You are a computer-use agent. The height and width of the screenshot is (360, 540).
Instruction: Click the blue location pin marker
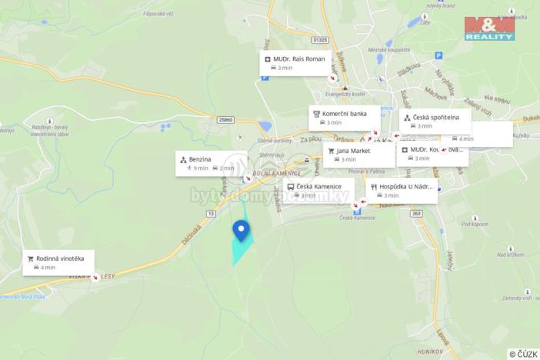242,229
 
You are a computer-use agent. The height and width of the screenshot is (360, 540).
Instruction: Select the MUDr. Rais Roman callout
295,63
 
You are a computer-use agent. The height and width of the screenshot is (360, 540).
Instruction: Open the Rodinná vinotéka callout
59,262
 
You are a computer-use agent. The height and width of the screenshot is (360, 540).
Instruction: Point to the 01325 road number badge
321,39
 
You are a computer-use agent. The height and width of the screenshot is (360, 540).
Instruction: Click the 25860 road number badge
225,120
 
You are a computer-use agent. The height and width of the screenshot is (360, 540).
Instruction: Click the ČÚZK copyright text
523,354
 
